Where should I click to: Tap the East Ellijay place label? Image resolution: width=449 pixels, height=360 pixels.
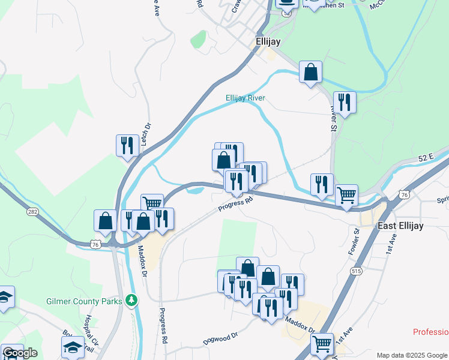point(400,226)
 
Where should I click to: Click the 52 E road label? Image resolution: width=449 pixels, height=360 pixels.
point(426,157)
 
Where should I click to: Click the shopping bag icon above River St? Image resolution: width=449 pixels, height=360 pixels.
point(310,72)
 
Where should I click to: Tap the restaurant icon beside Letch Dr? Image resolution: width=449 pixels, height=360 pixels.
point(127,145)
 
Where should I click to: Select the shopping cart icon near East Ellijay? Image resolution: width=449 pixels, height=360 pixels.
point(346,195)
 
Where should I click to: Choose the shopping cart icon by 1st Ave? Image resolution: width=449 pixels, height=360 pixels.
point(322,344)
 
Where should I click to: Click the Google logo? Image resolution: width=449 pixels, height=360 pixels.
point(20,353)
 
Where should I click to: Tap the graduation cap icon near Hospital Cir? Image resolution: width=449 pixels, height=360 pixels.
point(73,347)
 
